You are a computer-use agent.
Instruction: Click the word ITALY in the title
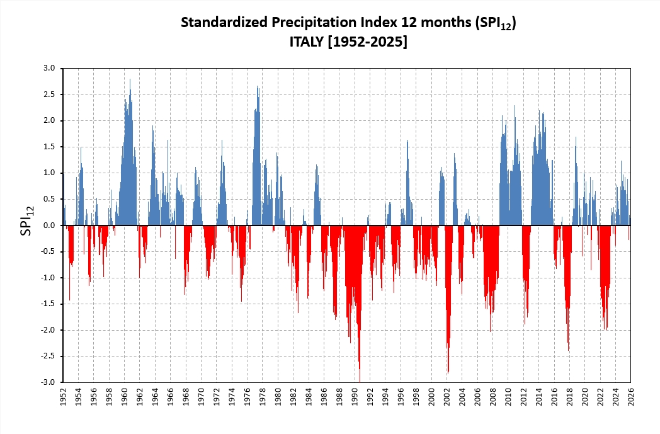[x=303, y=42]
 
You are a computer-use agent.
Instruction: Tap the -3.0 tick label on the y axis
[x=48, y=382]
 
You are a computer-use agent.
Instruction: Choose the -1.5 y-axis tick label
[x=48, y=304]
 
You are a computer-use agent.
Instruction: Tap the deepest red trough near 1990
[x=360, y=378]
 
